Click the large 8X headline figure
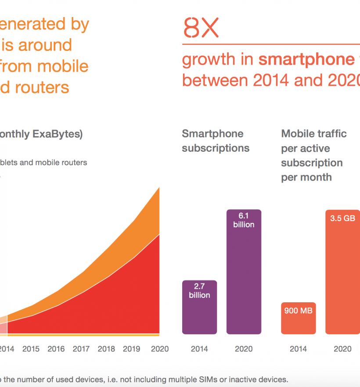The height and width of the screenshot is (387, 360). point(201,29)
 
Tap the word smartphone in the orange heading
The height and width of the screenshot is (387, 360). point(306,60)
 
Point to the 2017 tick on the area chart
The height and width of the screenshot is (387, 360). point(81,349)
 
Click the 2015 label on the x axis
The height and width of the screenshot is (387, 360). point(31,349)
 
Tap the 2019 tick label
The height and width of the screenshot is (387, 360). point(132,349)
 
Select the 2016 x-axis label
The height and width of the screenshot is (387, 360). point(56,349)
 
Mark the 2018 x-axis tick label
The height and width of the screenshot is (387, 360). point(106,349)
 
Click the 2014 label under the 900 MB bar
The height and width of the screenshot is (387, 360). point(299,349)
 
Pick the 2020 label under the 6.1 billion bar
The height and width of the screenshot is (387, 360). point(244,349)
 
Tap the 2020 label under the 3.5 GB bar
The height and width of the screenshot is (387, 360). point(342,349)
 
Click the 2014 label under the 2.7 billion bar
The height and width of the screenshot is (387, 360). point(199,349)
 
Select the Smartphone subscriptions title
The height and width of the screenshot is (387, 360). point(216,141)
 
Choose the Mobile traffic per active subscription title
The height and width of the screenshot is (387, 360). point(313,155)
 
